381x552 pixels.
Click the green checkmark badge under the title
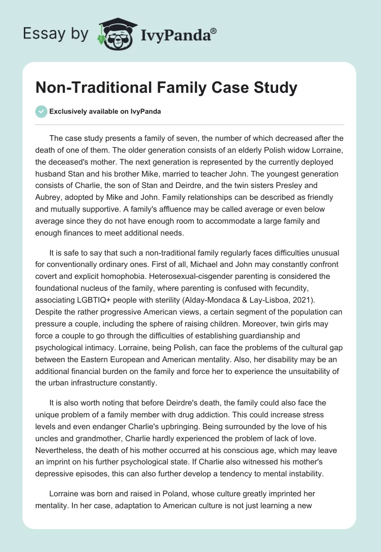tap(41, 111)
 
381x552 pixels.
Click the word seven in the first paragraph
tap(186, 138)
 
